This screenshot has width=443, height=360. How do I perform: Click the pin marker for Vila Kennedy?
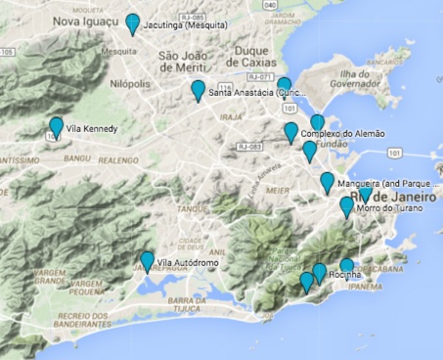(57, 127)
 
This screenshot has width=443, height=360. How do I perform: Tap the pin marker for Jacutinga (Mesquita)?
(133, 23)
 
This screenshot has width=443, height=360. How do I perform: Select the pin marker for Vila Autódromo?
(147, 261)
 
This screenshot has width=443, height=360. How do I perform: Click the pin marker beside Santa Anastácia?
(199, 90)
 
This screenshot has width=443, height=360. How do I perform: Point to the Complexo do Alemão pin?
(290, 132)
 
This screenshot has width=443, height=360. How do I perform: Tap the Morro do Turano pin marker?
(346, 207)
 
